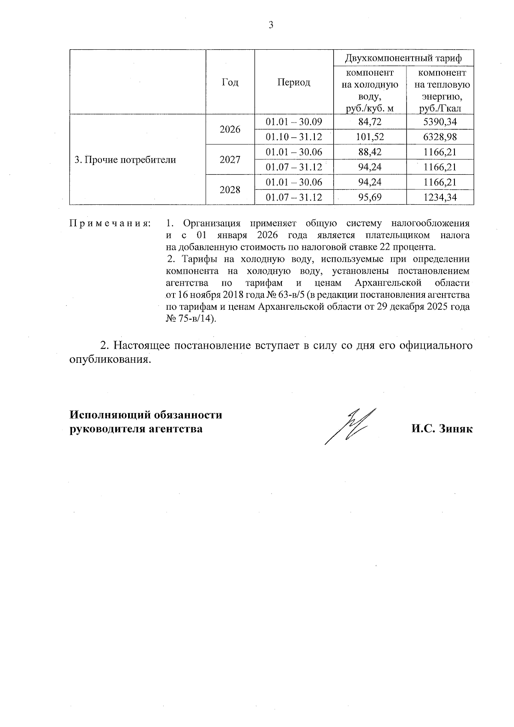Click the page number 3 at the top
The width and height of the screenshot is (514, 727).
pyautogui.click(x=270, y=25)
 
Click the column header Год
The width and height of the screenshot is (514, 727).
pyautogui.click(x=230, y=82)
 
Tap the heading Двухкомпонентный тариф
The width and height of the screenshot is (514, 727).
pyautogui.click(x=403, y=58)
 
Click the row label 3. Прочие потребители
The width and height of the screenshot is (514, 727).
pyautogui.click(x=126, y=160)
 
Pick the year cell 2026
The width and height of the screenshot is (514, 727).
pyautogui.click(x=230, y=129)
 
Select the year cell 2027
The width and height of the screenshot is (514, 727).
pyautogui.click(x=230, y=160)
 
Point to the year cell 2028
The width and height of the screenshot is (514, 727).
pyautogui.click(x=230, y=190)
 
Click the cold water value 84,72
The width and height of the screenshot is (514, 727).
pyautogui.click(x=370, y=122)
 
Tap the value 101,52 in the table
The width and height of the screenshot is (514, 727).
pyautogui.click(x=370, y=137)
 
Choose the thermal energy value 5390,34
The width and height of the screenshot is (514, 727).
pyautogui.click(x=440, y=122)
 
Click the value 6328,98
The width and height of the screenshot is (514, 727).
pyautogui.click(x=440, y=137)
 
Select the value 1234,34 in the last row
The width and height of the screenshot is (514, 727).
pyautogui.click(x=440, y=197)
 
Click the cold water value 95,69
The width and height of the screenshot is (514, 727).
pyautogui.click(x=370, y=197)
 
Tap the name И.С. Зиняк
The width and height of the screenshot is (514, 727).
pyautogui.click(x=442, y=429)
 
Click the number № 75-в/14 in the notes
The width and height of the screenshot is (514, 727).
pyautogui.click(x=190, y=319)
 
